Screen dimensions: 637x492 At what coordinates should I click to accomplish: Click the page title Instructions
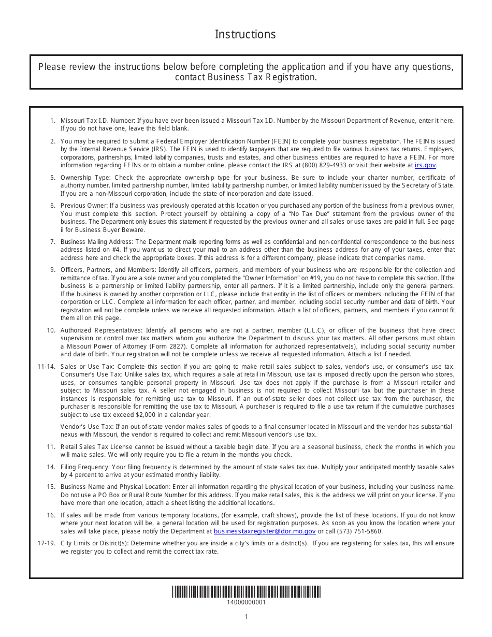tap(245, 35)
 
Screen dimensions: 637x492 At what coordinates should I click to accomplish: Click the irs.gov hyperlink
tap(425, 165)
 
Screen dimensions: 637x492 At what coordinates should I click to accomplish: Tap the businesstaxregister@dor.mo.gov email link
tap(265, 531)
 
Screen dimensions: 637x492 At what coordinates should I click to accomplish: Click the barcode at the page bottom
tap(246, 591)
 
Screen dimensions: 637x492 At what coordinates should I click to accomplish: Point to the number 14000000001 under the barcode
tap(246, 602)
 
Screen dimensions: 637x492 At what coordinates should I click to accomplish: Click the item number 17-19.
tap(46, 543)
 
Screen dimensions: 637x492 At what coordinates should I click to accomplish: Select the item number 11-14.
tap(46, 366)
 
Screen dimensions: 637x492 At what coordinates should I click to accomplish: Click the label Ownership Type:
tap(85, 178)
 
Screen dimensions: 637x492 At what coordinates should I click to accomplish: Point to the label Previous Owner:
tap(84, 206)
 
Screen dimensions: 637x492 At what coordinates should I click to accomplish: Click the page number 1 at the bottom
tap(246, 616)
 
